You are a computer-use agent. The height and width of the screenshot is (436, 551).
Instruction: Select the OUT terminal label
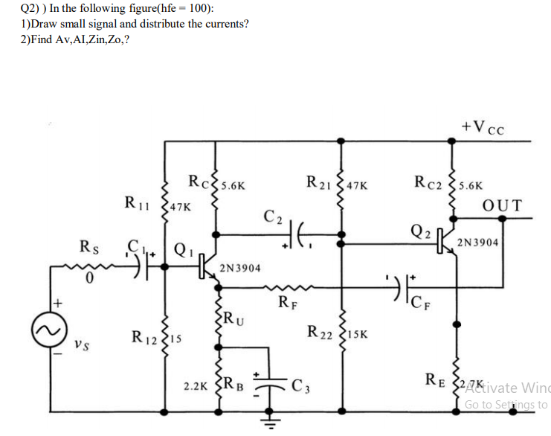click(x=503, y=205)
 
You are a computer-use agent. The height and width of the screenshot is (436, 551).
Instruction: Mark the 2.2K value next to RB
click(x=196, y=387)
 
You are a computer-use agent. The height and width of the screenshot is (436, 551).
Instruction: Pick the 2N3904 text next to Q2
click(x=481, y=243)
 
